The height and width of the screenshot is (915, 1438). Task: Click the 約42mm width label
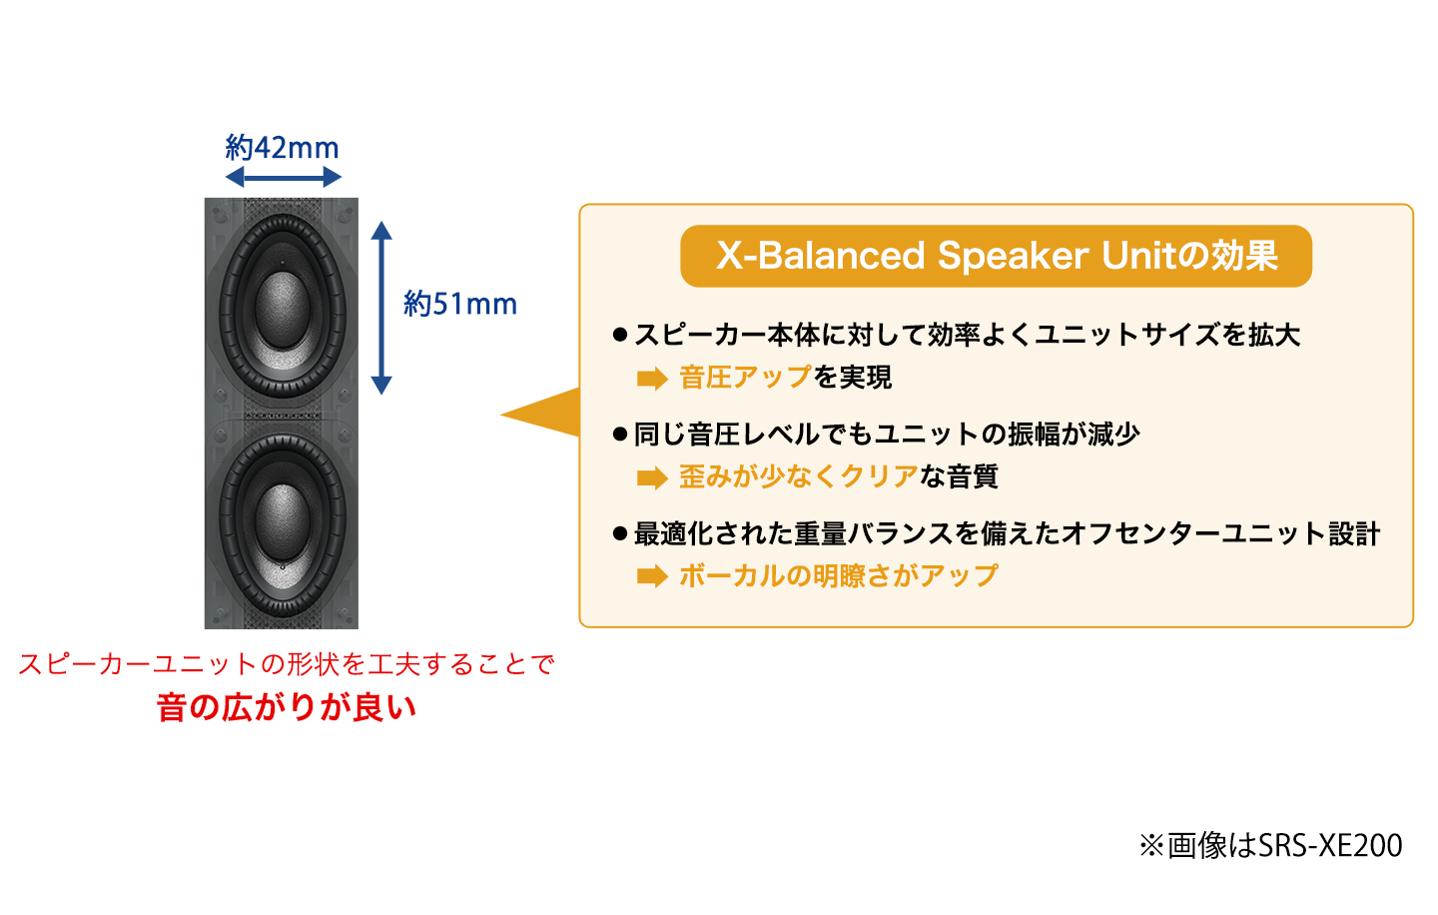pos(282,148)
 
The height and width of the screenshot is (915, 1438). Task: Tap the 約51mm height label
pos(460,304)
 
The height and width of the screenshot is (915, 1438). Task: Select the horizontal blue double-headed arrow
pos(284,177)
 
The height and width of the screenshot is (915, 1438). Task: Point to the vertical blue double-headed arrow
pos(381,308)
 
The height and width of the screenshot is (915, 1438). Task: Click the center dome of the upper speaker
pos(283,309)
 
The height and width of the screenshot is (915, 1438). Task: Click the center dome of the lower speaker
pos(283,521)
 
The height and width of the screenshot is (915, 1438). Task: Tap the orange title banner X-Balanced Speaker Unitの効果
pos(996,256)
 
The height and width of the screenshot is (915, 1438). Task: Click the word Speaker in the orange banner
pos(1015,256)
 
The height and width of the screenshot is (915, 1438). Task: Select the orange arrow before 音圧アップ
pos(652,379)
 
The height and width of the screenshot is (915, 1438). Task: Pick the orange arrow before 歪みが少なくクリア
pos(652,477)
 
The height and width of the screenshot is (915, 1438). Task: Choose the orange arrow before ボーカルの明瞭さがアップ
pos(652,576)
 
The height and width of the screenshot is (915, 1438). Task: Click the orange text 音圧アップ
pos(746,377)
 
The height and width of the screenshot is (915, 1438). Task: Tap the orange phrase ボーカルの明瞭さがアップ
pos(839,575)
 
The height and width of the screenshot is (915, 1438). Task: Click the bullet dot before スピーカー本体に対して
pos(619,335)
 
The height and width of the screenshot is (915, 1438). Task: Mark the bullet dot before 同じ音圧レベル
pos(619,435)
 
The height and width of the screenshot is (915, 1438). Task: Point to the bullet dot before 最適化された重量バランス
pos(619,533)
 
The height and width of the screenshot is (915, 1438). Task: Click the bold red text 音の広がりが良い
pos(287,707)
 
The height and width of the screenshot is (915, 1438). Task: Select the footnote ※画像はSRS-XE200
pos(1270,845)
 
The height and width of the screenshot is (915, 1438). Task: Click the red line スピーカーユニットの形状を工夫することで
pos(287,664)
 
